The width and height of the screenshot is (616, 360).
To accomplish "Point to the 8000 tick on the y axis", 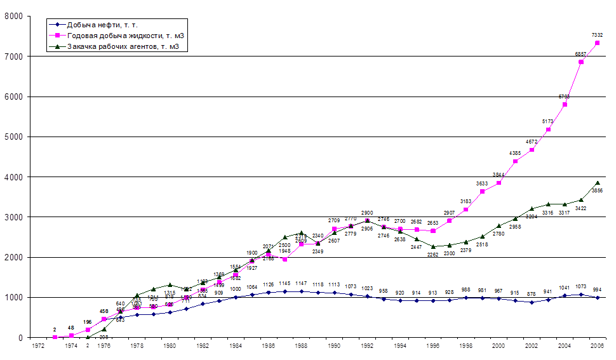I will point(13,16).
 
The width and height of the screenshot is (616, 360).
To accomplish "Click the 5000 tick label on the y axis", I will point(13,137).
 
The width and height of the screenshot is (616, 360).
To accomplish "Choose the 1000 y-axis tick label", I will point(13,297).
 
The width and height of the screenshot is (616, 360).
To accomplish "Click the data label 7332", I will point(597,35).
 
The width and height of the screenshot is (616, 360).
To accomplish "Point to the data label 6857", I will point(581,55).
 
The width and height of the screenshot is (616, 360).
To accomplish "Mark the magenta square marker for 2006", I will point(598,43).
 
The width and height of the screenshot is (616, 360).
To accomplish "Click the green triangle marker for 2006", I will point(598,182).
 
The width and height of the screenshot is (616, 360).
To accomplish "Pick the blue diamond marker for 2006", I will point(598,297).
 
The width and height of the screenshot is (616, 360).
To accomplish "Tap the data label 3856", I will point(598,190).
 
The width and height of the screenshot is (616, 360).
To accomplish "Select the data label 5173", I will point(548,121).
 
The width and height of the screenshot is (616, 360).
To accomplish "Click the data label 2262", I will point(432,255).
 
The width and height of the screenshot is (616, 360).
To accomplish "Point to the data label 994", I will point(598,290).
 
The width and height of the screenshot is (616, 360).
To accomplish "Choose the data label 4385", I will point(515,153).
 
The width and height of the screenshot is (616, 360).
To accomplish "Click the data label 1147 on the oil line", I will point(301,284).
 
